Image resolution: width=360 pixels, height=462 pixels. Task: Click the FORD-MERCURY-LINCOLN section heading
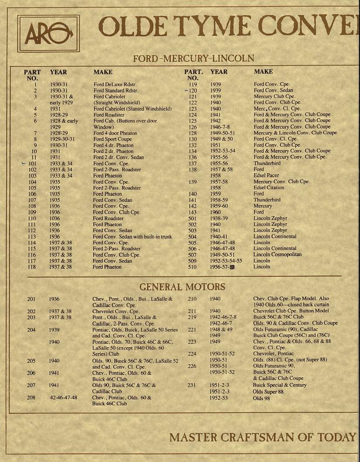point(193,58)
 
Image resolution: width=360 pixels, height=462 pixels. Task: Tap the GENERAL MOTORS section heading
point(182,287)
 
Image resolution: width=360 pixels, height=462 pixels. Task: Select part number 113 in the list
point(32,237)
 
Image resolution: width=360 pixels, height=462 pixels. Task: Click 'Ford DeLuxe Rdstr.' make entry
point(116,84)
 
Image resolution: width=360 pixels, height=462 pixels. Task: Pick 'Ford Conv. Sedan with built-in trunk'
point(133,237)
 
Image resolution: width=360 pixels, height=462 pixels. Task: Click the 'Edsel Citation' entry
point(269,188)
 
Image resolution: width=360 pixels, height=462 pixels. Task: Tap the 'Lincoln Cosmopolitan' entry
point(278,255)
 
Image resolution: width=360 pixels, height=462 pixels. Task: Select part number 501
point(192,218)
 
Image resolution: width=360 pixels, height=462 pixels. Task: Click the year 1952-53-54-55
point(226,261)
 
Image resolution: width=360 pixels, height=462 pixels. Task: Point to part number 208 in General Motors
point(31,398)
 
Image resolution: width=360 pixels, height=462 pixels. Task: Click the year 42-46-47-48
point(63,398)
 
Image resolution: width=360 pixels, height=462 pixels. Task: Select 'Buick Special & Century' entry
point(280,385)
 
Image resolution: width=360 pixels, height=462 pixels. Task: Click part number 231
point(192,385)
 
